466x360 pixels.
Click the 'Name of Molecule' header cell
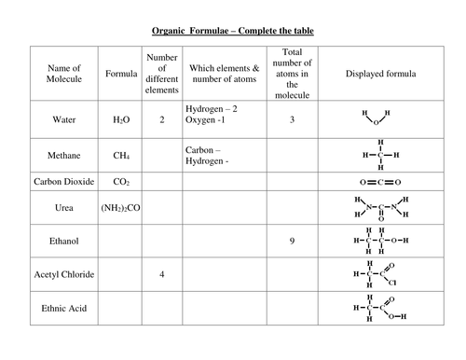(64, 74)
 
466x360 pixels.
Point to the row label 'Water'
(64, 119)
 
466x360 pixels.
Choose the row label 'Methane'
(64, 154)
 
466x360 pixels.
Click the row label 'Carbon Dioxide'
(64, 182)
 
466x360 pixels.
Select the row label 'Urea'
(64, 210)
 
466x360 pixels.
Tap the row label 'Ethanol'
(64, 242)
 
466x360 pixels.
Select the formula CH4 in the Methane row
(121, 155)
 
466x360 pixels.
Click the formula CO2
(121, 183)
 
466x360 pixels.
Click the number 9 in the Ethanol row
(292, 242)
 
